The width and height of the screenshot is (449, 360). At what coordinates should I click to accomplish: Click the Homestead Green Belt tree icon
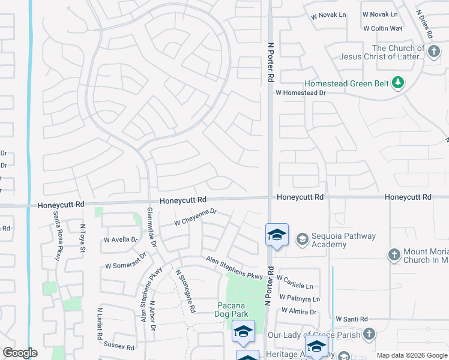click(x=397, y=82)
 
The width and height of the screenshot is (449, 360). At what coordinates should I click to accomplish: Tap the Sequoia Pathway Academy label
click(x=337, y=240)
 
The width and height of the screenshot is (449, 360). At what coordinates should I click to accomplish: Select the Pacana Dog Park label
click(x=232, y=310)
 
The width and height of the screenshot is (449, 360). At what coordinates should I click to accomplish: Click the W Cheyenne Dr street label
click(x=195, y=217)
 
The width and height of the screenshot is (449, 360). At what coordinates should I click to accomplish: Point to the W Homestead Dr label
click(x=300, y=93)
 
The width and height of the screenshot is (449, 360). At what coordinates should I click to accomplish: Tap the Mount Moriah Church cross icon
click(x=394, y=254)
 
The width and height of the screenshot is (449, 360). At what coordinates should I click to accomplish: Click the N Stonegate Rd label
click(x=186, y=291)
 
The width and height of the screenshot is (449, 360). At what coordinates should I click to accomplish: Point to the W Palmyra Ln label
click(x=298, y=299)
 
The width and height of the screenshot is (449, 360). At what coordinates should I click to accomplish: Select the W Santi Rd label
click(x=351, y=319)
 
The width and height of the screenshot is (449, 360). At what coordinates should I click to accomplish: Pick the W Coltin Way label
click(x=382, y=28)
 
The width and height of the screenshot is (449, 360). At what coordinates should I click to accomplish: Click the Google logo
click(x=19, y=353)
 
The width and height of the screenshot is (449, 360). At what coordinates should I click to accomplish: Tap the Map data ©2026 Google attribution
click(x=411, y=355)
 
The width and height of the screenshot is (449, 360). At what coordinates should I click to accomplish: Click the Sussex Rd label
click(x=119, y=347)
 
